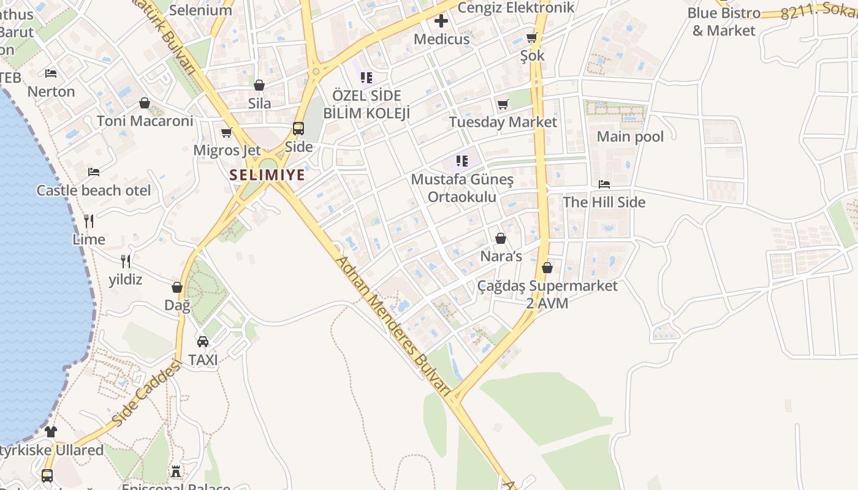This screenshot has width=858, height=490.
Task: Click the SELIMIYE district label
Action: coord(267,175)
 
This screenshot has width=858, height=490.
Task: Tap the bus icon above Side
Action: coord(298,129)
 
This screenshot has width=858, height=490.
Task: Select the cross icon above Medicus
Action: coord(441,21)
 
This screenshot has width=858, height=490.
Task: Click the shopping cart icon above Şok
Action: coord(532,37)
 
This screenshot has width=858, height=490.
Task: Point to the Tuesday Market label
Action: coord(503,122)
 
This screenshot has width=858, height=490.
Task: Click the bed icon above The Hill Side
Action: coord(604,184)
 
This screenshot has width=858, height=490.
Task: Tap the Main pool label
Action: coord(630,137)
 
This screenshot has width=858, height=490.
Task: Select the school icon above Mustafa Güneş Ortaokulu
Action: coord(462,161)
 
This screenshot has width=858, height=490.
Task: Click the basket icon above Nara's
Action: coord(501,238)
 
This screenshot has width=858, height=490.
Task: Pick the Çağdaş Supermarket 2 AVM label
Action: coord(547,294)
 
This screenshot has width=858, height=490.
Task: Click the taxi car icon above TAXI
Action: coord(203,341)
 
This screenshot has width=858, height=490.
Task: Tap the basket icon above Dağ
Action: coord(177,287)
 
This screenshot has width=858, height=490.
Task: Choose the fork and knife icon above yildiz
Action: coord(126,262)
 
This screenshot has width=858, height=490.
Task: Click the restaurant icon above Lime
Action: coord(89,221)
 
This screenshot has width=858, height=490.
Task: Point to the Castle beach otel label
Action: coord(94,190)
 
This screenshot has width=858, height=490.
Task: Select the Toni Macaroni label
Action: coord(145,121)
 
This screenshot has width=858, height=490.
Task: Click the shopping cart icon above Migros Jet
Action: coord(227,132)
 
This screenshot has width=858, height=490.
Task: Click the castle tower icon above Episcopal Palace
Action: coord(176,472)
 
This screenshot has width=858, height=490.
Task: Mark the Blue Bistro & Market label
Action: coord(724,21)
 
